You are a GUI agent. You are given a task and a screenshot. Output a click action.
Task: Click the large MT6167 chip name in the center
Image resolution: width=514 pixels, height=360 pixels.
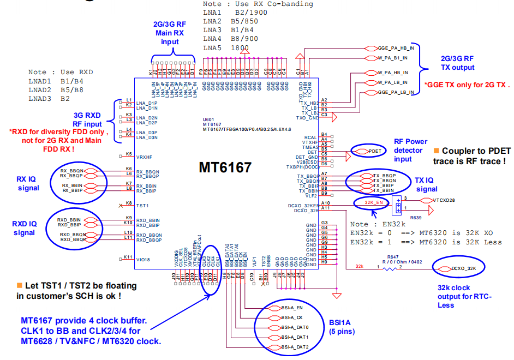pyautogui.click(x=225, y=167)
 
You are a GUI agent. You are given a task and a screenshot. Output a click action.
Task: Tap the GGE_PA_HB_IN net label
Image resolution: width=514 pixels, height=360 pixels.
pyautogui.click(x=396, y=48)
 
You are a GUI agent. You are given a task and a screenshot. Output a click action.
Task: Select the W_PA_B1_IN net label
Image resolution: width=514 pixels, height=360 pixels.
pyautogui.click(x=396, y=58)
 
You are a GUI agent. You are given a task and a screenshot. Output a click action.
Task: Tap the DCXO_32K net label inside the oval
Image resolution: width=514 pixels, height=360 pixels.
pyautogui.click(x=464, y=268)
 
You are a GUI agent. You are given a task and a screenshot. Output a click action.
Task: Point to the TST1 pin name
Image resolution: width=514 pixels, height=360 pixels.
pyautogui.click(x=142, y=206)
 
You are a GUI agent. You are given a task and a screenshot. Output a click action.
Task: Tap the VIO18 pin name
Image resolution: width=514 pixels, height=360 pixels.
pyautogui.click(x=142, y=260)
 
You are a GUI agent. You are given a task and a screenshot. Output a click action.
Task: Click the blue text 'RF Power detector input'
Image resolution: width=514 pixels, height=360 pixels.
pyautogui.click(x=410, y=150)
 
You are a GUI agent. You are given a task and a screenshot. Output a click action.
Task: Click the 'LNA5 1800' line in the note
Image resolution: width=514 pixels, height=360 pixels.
pyautogui.click(x=226, y=48)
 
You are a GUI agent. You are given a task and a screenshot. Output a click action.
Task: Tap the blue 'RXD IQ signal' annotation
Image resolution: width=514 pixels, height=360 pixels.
pyautogui.click(x=24, y=227)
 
